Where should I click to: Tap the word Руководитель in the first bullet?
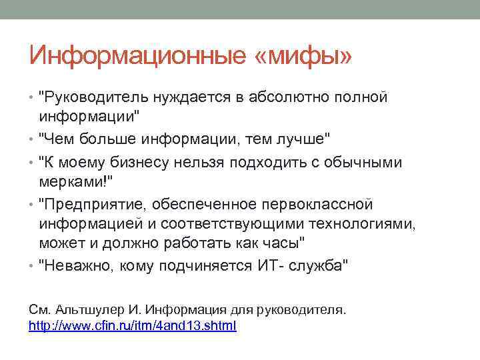click(x=94, y=98)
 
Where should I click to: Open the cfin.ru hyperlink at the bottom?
click(x=133, y=326)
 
